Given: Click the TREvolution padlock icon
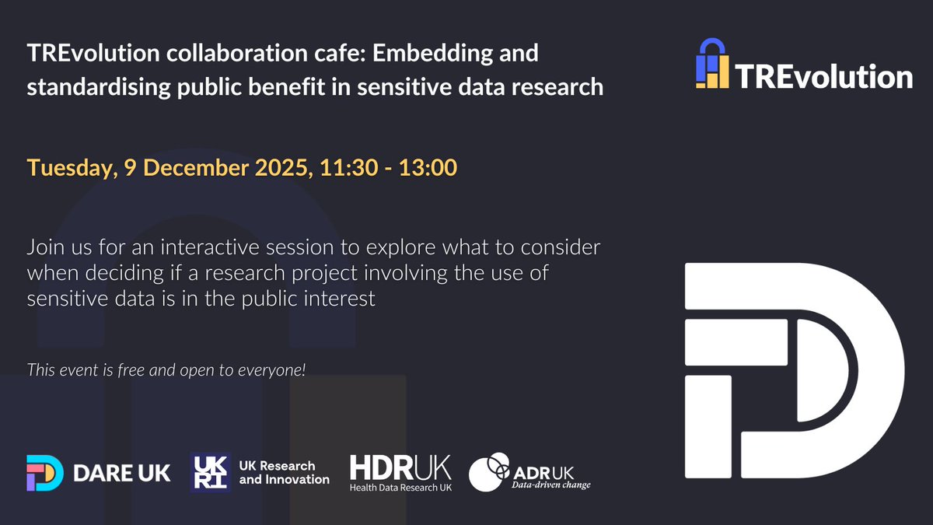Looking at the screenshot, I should [x=712, y=64].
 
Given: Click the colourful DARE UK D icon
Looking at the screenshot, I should [x=44, y=472].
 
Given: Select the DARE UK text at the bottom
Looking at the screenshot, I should [x=121, y=472].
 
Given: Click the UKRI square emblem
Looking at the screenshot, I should [x=210, y=472].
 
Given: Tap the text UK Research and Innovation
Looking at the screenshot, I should [x=283, y=472].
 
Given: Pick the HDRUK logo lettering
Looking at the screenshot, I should [x=400, y=467].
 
